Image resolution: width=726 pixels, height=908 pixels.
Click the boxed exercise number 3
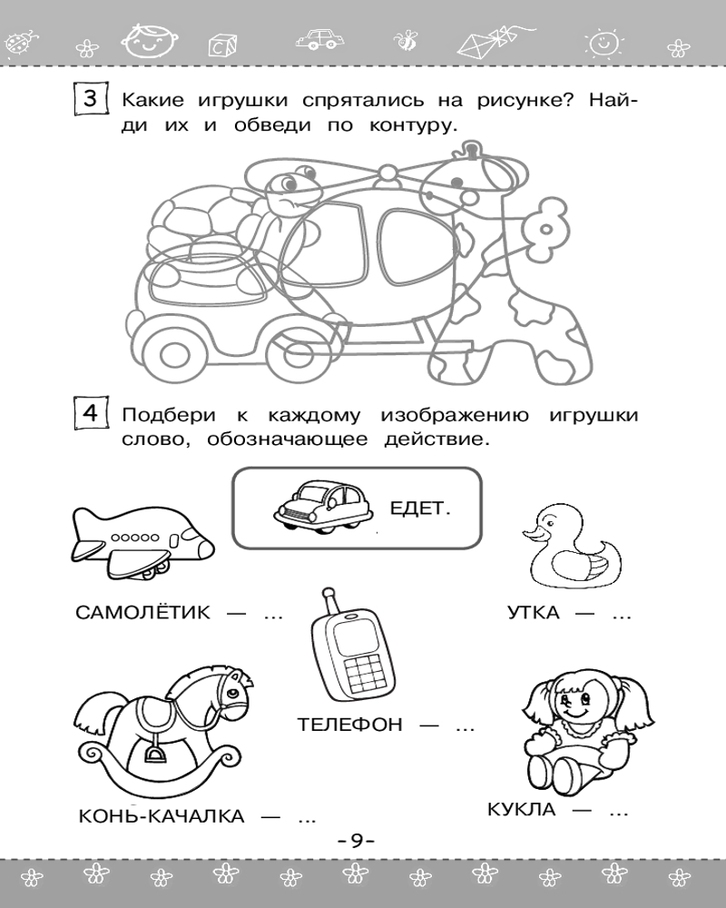coord(91,99)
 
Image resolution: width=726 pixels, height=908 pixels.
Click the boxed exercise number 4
coord(91,413)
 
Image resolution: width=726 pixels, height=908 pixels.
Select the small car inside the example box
coord(322,507)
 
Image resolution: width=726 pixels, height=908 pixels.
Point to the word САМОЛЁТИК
coord(143,613)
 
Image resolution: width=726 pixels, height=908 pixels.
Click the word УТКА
coord(534,613)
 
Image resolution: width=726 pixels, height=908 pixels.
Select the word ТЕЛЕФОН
coord(349,725)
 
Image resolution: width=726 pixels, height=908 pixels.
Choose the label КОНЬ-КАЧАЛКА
coord(162,816)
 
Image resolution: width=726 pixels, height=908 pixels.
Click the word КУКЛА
coord(521,810)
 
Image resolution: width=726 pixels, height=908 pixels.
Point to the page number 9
coord(357,840)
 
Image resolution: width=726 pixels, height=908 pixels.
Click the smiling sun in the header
coord(603,42)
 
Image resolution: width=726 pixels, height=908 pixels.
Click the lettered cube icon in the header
coord(221,45)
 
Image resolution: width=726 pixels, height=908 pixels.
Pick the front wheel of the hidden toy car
coord(172,352)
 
